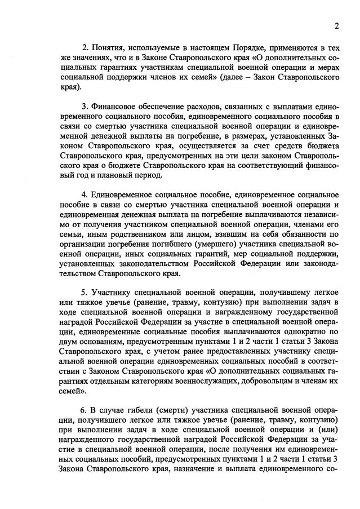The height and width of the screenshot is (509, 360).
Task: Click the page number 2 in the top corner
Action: [x=336, y=26]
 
